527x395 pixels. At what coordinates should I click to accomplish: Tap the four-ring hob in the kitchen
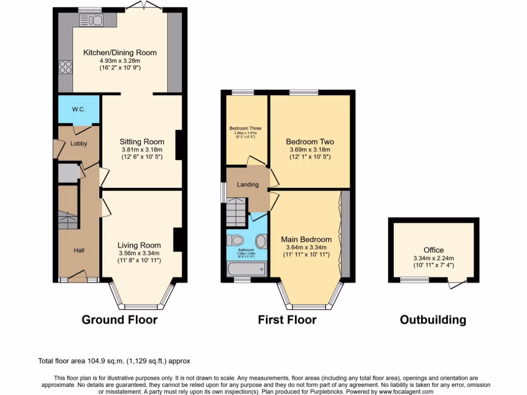(x=66, y=67)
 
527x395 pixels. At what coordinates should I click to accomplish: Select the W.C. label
(x=78, y=109)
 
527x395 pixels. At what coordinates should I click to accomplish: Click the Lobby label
(x=79, y=144)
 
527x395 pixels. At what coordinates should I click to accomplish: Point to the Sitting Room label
(x=142, y=141)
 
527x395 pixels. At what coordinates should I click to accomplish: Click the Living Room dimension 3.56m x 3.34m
(x=138, y=253)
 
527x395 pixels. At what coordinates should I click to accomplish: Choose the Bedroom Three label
(x=245, y=129)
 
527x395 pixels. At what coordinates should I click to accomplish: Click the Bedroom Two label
(x=310, y=141)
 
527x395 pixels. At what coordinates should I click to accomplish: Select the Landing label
(x=248, y=185)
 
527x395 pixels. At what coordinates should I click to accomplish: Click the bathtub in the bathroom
(x=247, y=268)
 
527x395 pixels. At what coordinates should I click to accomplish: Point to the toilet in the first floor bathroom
(x=237, y=240)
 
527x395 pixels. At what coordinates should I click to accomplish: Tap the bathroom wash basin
(x=261, y=241)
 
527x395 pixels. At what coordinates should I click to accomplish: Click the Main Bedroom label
(x=306, y=239)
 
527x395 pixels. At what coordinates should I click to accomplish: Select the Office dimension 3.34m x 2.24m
(x=433, y=258)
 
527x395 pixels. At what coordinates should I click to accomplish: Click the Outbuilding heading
(x=433, y=320)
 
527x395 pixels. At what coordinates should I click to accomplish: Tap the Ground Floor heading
(x=119, y=320)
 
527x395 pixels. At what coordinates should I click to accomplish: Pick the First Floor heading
(x=287, y=320)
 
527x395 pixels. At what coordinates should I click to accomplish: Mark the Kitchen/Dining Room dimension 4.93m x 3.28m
(x=120, y=60)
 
